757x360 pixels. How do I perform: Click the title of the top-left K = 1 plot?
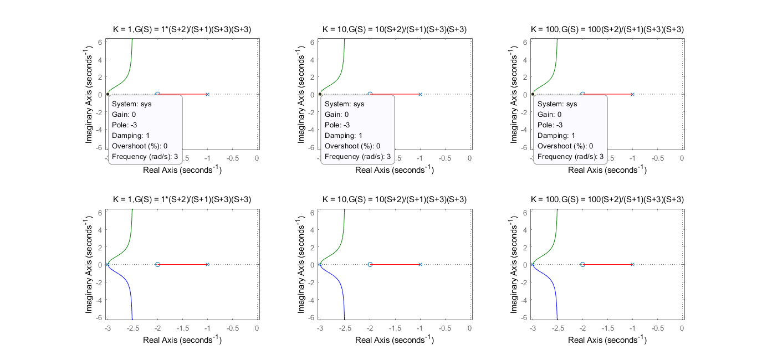(x=182, y=29)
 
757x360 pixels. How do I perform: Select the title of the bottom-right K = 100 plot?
(x=607, y=199)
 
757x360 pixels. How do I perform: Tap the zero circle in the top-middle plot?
(x=370, y=94)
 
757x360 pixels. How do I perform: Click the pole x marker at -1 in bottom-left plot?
(x=207, y=264)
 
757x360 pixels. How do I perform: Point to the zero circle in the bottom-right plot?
(x=582, y=264)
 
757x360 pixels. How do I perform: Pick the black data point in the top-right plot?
(x=533, y=94)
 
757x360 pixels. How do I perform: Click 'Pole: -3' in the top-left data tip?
(x=124, y=125)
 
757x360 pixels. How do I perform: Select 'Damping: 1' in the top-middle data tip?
(x=344, y=136)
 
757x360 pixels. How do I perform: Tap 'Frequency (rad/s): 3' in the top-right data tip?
(x=570, y=156)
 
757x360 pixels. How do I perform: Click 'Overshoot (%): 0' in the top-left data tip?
(x=140, y=146)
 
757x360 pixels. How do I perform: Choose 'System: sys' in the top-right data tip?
(x=557, y=104)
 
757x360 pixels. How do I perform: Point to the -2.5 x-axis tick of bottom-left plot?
(x=132, y=328)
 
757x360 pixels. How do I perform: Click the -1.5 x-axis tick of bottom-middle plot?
(x=395, y=328)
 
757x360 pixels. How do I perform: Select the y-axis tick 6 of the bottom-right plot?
(x=525, y=213)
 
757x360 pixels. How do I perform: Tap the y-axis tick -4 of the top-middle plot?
(x=311, y=130)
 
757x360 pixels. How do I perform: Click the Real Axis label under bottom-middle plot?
(x=395, y=339)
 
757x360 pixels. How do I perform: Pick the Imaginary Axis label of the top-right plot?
(x=514, y=94)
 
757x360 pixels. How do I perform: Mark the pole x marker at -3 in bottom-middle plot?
(x=320, y=264)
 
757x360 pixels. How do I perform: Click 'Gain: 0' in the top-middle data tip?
(x=336, y=115)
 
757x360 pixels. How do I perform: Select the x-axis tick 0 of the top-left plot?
(x=257, y=158)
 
